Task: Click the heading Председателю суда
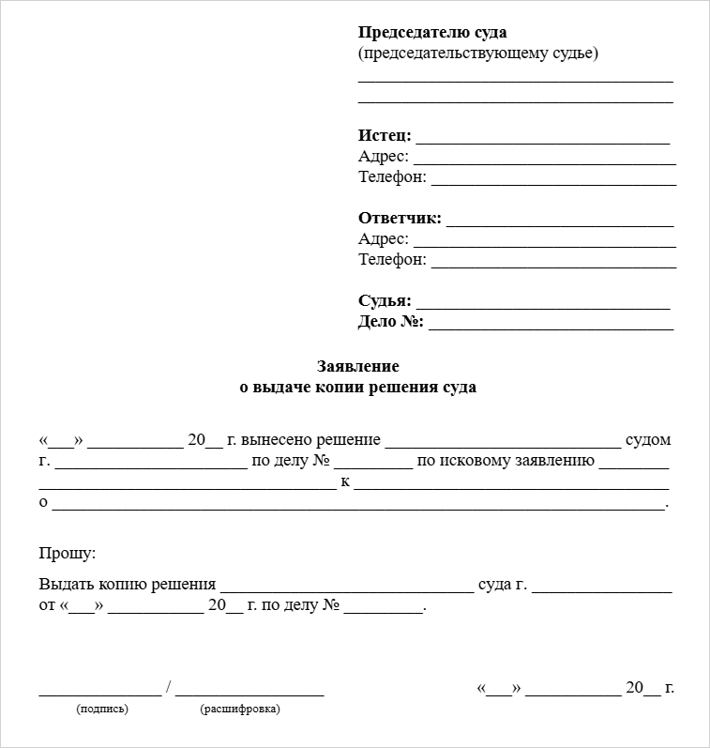[x=432, y=33]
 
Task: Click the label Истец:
[x=385, y=135]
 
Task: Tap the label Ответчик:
[x=400, y=219]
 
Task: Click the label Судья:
[x=385, y=301]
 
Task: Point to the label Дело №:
[x=391, y=322]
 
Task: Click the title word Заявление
[x=358, y=366]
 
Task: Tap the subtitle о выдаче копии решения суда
[x=358, y=387]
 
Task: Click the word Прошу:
[x=68, y=555]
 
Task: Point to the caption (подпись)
[x=102, y=709]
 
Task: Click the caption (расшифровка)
[x=240, y=709]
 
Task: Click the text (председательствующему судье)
[x=478, y=53]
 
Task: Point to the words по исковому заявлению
[x=506, y=460]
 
